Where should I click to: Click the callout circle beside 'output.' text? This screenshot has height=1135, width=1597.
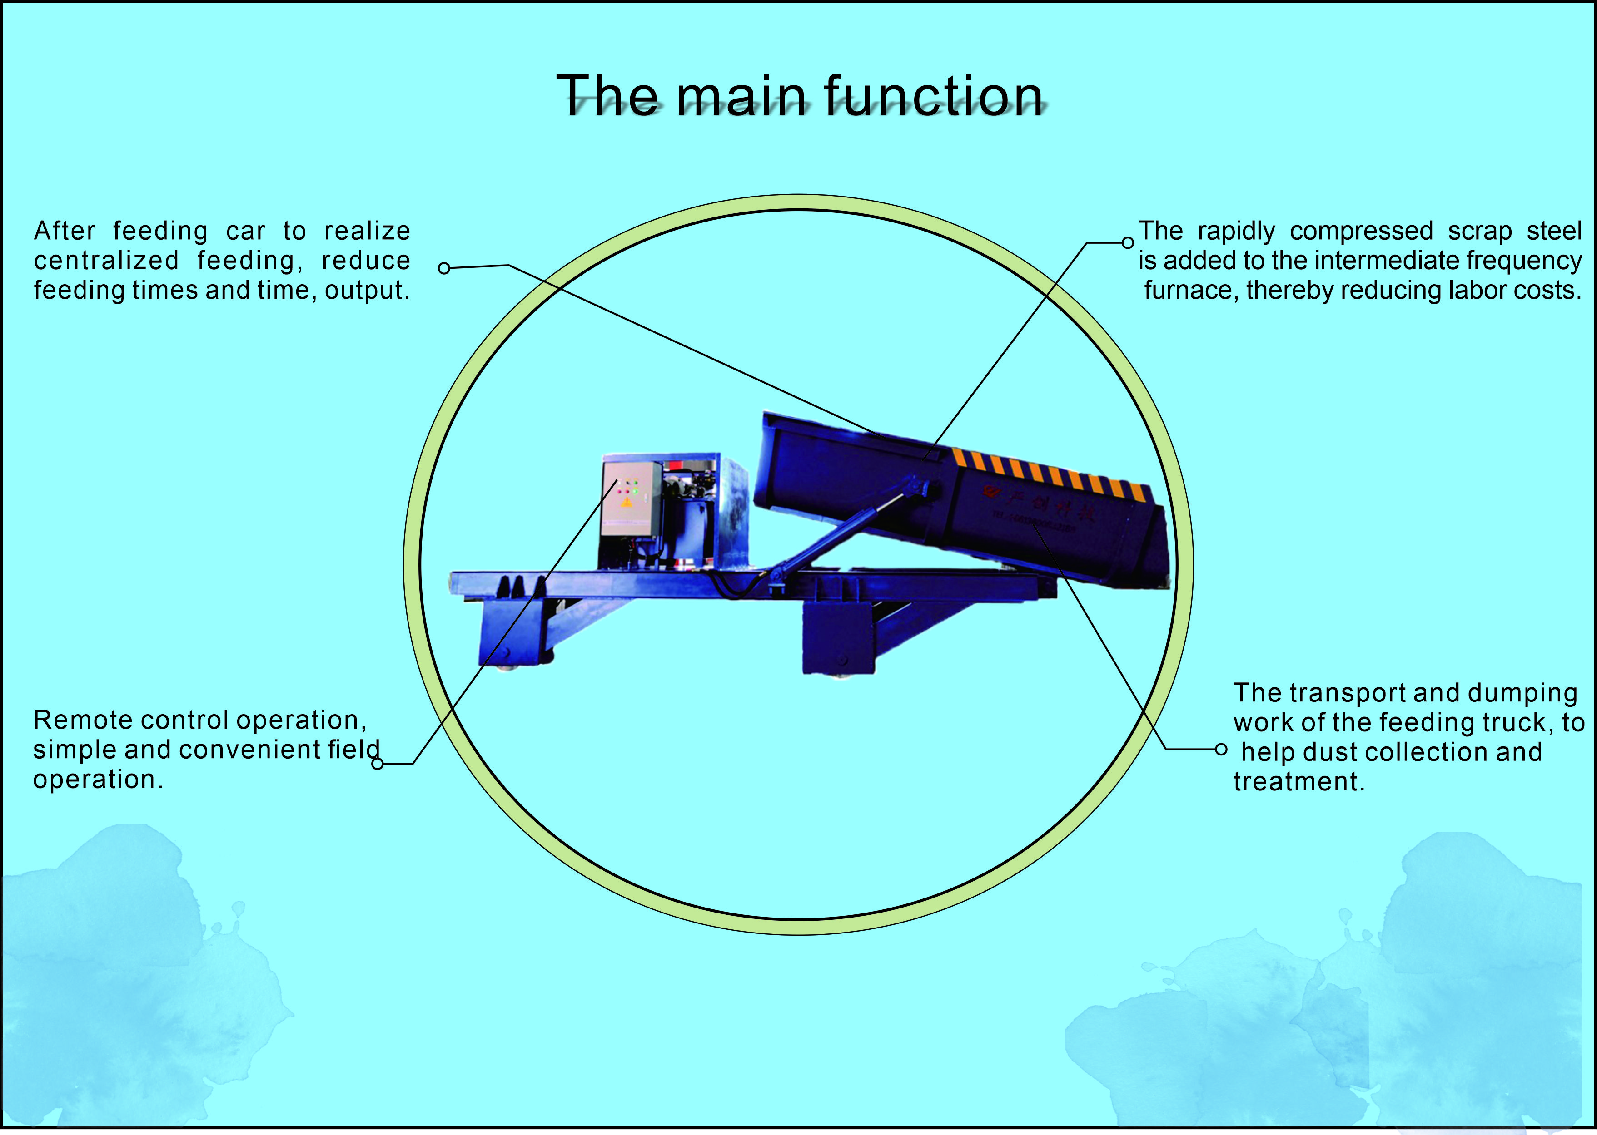[x=443, y=268]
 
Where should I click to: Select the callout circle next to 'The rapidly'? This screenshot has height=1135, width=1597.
[x=1127, y=242]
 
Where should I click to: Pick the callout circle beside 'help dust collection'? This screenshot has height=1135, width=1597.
[x=1220, y=749]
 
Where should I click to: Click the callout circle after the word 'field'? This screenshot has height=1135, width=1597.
[x=378, y=764]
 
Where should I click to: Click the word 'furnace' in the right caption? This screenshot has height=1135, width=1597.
[x=1188, y=290]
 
